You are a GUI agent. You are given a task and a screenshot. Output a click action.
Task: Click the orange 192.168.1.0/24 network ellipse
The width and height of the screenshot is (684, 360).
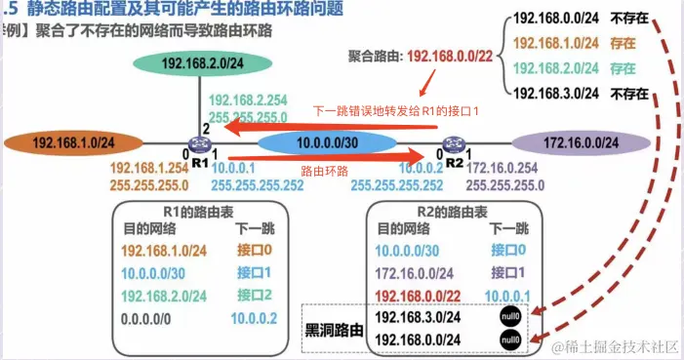66,142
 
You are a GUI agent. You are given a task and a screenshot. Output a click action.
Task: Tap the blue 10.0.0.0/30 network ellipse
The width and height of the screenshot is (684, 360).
318,142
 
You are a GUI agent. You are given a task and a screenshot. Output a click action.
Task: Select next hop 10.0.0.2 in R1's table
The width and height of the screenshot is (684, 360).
255,317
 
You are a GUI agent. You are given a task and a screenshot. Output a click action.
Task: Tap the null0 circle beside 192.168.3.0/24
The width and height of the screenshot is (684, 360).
508,317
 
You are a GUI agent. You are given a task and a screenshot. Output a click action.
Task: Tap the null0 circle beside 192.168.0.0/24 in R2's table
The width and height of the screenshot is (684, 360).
508,339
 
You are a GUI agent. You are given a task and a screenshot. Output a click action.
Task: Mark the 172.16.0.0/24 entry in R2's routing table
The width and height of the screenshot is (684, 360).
415,274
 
